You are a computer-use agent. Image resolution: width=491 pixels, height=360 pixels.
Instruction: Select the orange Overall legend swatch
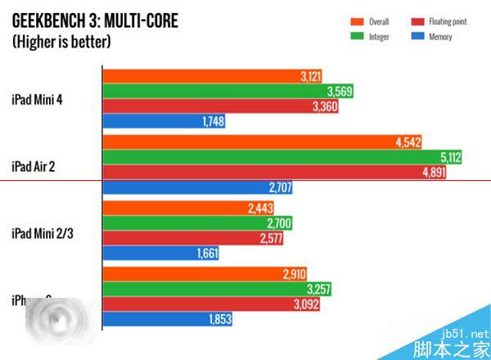[357, 21]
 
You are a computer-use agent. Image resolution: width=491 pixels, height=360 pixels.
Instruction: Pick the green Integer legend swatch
[357, 37]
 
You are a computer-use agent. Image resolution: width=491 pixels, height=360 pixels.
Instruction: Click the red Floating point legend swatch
[416, 21]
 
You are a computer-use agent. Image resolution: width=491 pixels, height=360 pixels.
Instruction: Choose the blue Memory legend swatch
[416, 37]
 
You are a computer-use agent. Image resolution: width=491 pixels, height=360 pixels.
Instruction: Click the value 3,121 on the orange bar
[309, 76]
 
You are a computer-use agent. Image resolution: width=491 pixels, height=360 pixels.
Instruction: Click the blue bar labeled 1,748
[164, 121]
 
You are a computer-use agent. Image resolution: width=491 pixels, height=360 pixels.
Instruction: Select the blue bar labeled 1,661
[160, 254]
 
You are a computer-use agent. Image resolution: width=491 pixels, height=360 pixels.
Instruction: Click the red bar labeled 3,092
[213, 304]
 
